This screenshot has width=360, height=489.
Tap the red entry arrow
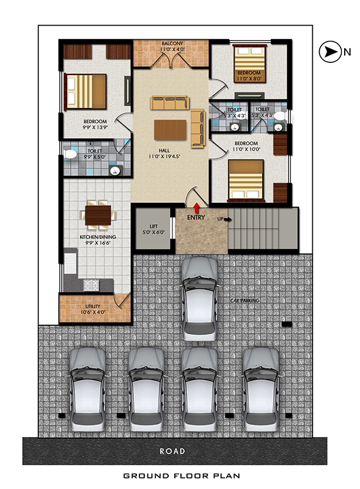tap(197, 208)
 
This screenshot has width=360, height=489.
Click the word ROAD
tap(172, 451)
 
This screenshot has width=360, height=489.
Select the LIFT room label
tap(154, 226)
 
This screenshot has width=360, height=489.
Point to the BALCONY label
tap(172, 43)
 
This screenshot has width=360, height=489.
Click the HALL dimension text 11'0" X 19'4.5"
tap(164, 156)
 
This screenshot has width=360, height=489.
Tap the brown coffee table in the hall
tap(170, 130)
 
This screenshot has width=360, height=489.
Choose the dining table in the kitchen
tap(98, 215)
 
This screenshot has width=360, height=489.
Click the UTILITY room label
tap(93, 306)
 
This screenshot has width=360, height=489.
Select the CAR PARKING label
tap(245, 301)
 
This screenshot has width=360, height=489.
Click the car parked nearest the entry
tap(199, 299)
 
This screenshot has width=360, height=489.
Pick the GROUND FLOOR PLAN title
tap(182, 476)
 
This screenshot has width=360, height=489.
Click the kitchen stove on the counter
tap(91, 285)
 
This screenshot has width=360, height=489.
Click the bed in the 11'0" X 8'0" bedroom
tap(249, 64)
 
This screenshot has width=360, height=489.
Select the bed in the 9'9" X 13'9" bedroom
tap(85, 91)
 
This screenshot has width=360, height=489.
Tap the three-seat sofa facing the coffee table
tap(170, 103)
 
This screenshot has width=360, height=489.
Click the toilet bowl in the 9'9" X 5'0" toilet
tap(70, 154)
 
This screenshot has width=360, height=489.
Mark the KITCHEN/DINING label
tap(98, 237)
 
